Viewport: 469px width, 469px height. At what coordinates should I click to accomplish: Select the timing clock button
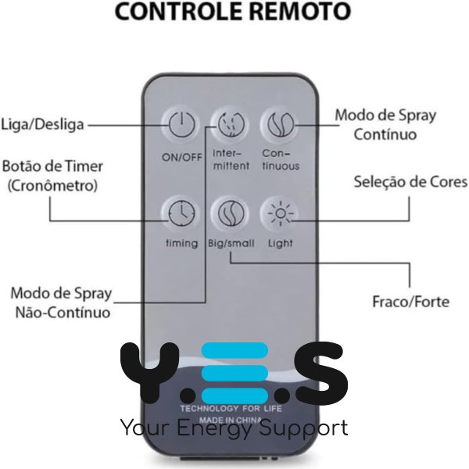pos(181,212)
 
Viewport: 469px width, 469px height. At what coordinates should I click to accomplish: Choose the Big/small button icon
pos(231,212)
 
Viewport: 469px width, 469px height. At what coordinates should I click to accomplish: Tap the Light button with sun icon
pos(279,212)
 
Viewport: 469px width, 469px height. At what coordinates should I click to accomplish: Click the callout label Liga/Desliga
pos(42,124)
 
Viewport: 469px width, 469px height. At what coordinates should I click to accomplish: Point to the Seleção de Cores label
pos(410,182)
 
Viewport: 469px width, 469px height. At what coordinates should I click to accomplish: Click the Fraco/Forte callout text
pos(410,301)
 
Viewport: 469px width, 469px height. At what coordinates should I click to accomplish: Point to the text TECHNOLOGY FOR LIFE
pos(231,408)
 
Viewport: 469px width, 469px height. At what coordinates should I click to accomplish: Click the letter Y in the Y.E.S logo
pos(149,371)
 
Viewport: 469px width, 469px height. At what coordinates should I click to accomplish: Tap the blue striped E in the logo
pos(234,371)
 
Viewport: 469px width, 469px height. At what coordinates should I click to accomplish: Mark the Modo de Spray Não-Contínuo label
pos(60,303)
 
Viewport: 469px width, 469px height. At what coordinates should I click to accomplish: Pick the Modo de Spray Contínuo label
pos(385,124)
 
